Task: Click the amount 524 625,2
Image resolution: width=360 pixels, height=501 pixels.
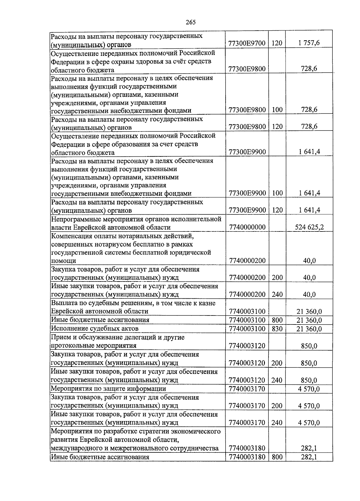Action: (309, 227)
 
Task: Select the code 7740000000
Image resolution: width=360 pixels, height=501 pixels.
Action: (247, 227)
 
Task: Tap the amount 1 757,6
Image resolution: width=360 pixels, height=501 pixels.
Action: (309, 43)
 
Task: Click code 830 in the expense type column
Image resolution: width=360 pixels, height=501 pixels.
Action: (277, 329)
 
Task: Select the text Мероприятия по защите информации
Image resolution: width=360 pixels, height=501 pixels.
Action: (108, 389)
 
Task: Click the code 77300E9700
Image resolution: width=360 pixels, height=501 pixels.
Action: (247, 43)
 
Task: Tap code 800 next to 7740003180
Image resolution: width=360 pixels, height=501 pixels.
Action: (277, 457)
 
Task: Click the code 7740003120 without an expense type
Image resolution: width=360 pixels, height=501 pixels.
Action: (247, 346)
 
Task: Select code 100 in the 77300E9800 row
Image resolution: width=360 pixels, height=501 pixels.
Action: (277, 110)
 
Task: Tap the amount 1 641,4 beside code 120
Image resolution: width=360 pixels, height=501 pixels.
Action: (309, 210)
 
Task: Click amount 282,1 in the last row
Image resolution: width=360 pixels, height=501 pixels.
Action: (309, 457)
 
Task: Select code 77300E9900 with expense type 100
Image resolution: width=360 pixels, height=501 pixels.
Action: (247, 193)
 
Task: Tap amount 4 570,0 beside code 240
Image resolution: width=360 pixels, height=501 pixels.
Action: (309, 423)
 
